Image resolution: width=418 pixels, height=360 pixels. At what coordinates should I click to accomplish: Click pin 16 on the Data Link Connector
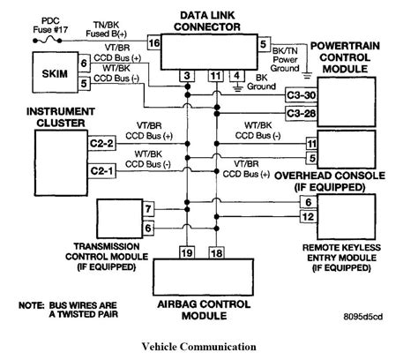(153, 42)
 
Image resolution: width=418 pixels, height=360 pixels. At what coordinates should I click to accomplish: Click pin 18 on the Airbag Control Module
(214, 253)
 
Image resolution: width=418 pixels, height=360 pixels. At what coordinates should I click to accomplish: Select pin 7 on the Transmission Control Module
(149, 209)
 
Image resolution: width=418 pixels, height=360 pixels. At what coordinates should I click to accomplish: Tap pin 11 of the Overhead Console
(311, 141)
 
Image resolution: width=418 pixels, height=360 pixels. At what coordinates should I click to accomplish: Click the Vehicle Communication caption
(208, 346)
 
